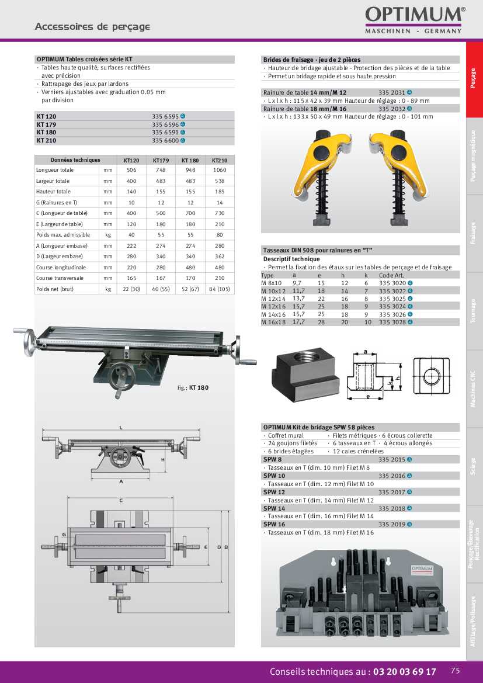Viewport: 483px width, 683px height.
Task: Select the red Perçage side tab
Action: point(474,79)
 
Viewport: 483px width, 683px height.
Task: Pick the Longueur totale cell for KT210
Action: point(220,170)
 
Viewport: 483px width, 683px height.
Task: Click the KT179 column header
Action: point(161,160)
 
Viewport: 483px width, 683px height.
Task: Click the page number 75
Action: point(456,671)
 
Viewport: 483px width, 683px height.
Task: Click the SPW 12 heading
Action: point(274,492)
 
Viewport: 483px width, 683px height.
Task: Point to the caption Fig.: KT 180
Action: point(193,388)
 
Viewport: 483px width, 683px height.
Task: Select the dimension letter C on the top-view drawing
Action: point(121,501)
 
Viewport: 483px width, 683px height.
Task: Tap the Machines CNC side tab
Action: point(474,389)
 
